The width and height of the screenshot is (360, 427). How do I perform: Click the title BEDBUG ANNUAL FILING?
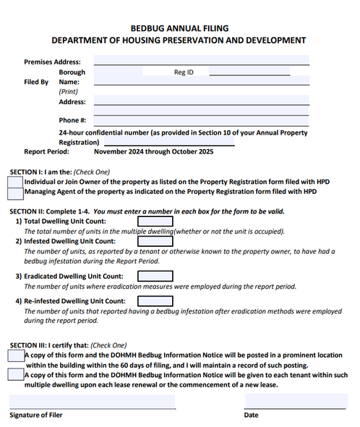(179, 28)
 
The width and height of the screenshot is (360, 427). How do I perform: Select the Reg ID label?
(184, 72)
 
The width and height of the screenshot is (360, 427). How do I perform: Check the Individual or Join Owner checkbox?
(15, 181)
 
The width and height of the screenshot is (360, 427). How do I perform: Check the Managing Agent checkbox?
(15, 193)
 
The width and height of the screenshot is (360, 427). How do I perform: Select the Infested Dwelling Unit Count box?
(155, 241)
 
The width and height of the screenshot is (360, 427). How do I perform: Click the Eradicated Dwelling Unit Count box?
(155, 276)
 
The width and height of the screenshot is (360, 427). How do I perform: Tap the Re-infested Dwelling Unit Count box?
(155, 301)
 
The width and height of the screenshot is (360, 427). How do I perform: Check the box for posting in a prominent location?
(16, 355)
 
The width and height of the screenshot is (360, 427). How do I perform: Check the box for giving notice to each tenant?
(16, 375)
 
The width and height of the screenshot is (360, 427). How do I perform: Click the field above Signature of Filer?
(92, 401)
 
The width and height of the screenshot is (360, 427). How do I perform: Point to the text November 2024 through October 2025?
(153, 152)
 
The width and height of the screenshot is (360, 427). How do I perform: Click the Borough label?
(72, 72)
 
